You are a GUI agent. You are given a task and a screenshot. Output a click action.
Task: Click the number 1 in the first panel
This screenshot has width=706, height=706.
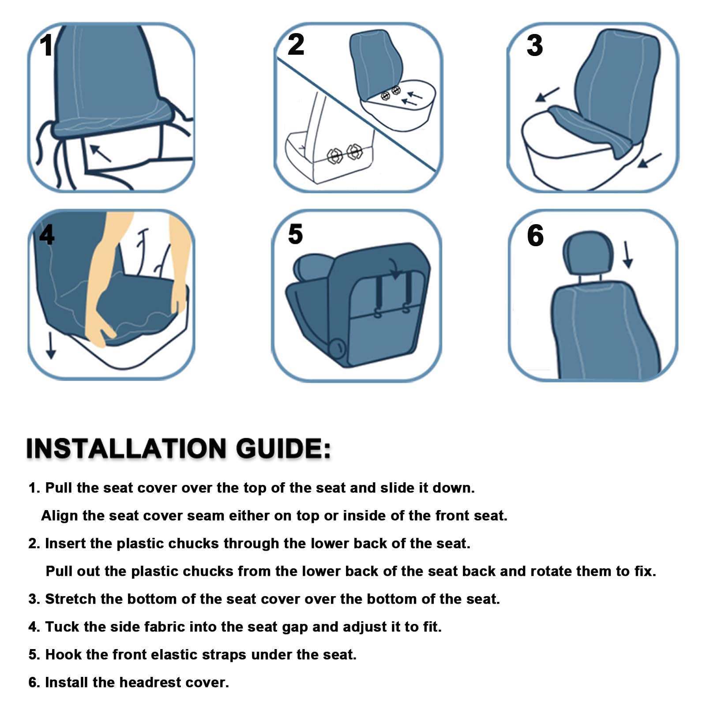pos(46,45)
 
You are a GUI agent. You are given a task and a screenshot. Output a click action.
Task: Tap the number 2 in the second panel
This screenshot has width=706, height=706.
pos(296,45)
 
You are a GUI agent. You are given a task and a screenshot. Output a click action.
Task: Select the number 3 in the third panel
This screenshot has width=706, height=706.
pos(534,45)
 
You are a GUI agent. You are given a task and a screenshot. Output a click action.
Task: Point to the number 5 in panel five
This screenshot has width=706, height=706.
pos(295,234)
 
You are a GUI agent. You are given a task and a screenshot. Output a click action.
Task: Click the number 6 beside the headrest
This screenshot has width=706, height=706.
pos(535,236)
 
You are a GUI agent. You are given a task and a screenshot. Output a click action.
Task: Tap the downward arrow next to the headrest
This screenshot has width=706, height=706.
pos(627,255)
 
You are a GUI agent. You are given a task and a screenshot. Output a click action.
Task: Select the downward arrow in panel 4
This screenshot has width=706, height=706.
pos(51,345)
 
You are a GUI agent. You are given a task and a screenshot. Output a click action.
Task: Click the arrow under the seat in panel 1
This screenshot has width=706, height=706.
pos(101,153)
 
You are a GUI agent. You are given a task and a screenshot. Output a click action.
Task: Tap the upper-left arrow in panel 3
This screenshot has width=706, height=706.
pos(547,94)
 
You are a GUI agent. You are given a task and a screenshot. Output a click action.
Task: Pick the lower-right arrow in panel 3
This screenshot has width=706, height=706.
pos(650,161)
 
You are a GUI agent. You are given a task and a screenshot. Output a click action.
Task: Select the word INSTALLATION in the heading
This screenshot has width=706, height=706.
pos(126,449)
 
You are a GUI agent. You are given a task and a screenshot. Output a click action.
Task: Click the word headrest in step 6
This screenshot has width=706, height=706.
pos(150,682)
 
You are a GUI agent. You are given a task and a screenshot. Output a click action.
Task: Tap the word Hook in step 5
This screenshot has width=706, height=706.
pos(64,654)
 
